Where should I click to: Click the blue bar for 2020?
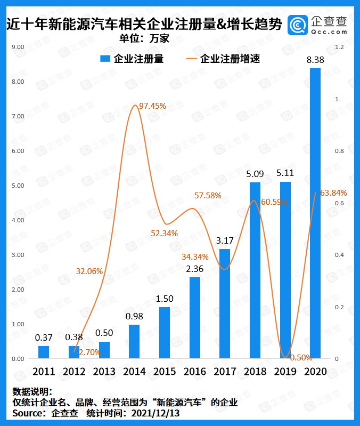pos(315,213)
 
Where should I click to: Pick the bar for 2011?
pos(44,352)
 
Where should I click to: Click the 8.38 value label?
pos(315,61)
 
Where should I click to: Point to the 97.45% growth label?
pos(152,106)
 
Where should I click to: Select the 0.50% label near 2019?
pos(301,357)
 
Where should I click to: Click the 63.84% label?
pos(334,193)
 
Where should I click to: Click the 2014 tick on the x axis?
pos(134,372)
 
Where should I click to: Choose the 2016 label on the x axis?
pos(194,372)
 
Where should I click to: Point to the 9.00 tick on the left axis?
pos(18,47)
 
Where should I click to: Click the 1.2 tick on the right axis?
pos(339,47)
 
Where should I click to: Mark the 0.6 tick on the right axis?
pos(339,203)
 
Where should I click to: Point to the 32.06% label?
pos(89,271)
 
